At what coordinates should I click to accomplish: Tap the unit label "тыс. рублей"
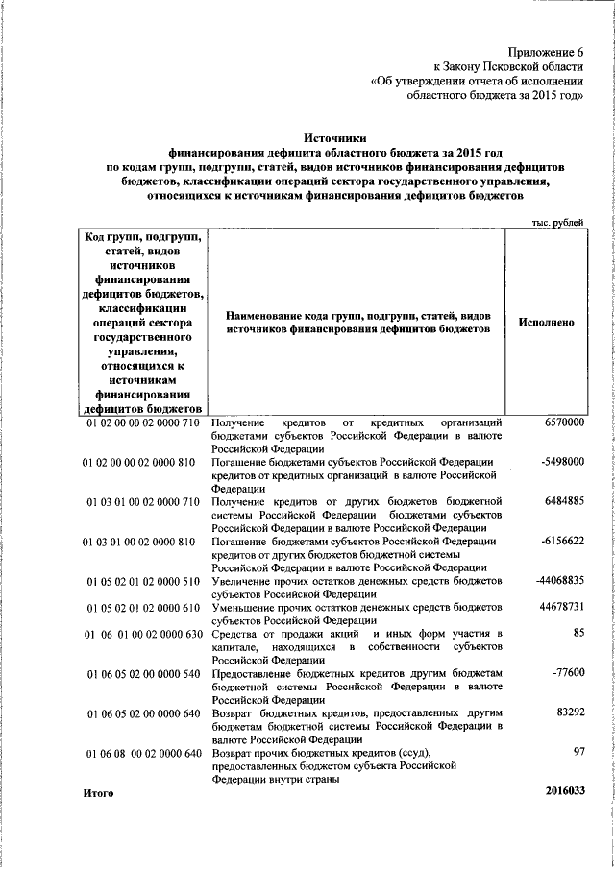click(557, 223)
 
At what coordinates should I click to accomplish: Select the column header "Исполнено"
click(546, 322)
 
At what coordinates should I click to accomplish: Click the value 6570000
click(564, 423)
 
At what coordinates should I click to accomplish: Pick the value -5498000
click(562, 462)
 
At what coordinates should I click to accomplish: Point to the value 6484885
click(564, 500)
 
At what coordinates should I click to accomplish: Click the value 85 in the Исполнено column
click(578, 633)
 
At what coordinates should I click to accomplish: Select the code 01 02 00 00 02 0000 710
click(142, 423)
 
